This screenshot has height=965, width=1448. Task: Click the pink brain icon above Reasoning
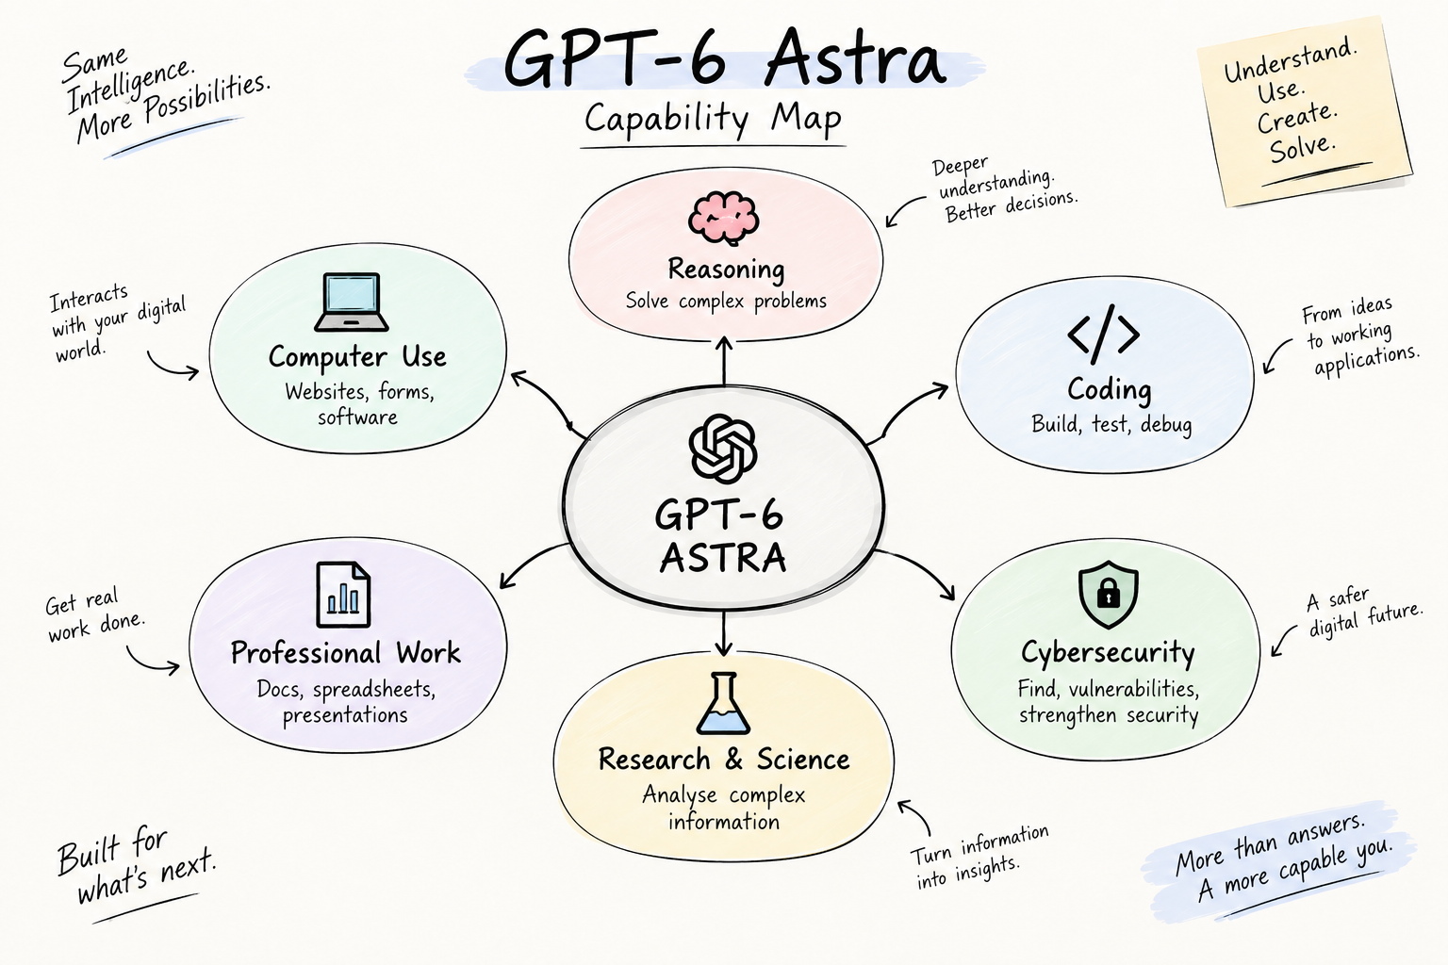coord(723,218)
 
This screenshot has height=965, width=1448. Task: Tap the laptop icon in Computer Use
coord(352,302)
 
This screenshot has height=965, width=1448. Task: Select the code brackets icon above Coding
coord(1104,335)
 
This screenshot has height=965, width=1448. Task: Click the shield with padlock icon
coord(1108,595)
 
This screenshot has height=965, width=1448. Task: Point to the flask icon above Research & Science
coord(723,703)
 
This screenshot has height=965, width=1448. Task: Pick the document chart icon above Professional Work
coord(343,595)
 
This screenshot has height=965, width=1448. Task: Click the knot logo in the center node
coord(723,449)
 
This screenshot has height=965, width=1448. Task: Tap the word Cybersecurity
coord(1108,653)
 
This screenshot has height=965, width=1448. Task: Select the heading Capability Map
coord(713,119)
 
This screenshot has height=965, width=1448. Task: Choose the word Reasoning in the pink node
coord(726,270)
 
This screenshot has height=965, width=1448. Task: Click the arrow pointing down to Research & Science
coord(723,632)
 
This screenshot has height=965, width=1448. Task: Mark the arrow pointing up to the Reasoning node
coord(724,361)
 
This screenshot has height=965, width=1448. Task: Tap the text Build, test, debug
coord(1111,425)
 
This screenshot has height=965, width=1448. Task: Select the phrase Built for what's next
coord(135,866)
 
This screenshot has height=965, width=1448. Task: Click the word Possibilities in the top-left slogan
coord(206,98)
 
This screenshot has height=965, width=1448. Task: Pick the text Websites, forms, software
coord(359,404)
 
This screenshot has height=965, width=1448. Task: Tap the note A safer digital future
coord(1365,612)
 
